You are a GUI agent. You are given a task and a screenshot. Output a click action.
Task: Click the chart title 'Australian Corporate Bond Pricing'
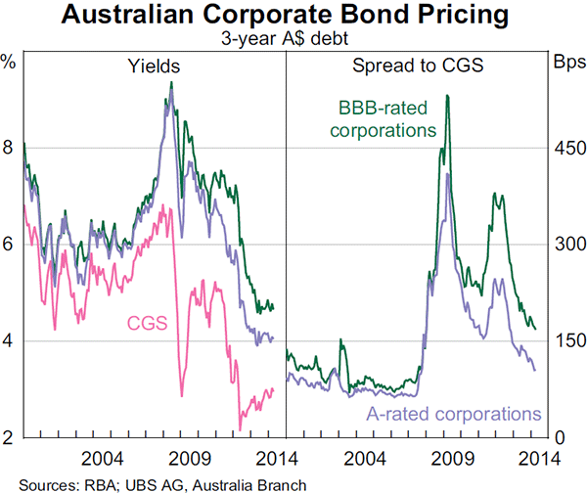pos(293,17)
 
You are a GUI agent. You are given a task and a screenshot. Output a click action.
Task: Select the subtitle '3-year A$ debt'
pos(293,39)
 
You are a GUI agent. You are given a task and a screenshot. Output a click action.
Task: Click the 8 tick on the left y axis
pos(9,148)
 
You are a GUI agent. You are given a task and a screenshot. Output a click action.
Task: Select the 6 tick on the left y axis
pos(9,245)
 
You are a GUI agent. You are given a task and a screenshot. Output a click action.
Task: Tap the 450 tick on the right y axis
pos(569,148)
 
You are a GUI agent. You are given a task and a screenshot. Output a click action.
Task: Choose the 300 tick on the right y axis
pos(569,245)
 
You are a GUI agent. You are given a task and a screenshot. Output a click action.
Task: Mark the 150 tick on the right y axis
pos(569,340)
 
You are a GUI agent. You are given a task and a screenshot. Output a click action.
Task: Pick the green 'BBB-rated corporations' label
pos(386,119)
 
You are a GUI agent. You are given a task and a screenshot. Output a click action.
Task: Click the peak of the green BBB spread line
pos(447,96)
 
